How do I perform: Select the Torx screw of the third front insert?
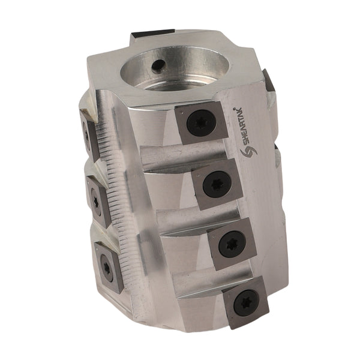click(231, 244)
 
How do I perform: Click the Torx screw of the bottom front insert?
click(245, 302)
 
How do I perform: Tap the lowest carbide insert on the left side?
click(107, 267)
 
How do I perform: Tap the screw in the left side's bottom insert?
click(107, 268)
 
